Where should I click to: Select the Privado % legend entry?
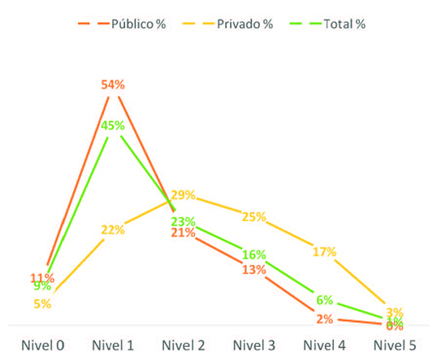[x=236, y=24]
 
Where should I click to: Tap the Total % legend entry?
[x=337, y=24]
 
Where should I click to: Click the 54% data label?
[x=113, y=85]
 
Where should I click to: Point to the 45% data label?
[x=113, y=125]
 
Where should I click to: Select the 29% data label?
[x=183, y=194]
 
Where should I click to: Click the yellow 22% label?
[x=113, y=230]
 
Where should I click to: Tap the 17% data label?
[x=324, y=252]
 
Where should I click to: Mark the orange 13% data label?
[x=253, y=270]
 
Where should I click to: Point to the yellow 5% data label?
[x=43, y=304]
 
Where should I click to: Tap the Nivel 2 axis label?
[x=184, y=345]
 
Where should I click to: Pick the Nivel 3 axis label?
[x=254, y=345]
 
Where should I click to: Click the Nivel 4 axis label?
[x=325, y=345]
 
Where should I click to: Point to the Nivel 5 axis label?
[x=395, y=345]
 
